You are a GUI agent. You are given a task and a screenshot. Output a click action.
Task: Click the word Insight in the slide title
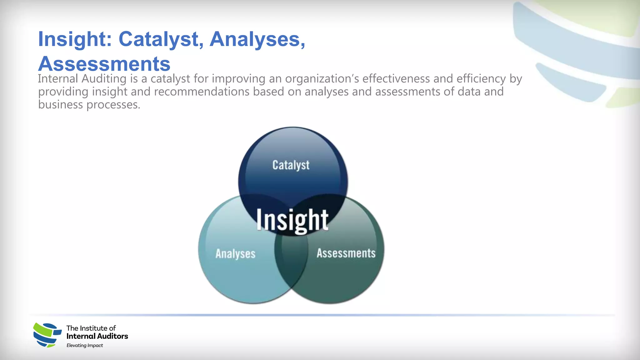pyautogui.click(x=75, y=39)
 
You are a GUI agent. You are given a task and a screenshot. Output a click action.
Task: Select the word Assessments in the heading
pyautogui.click(x=104, y=64)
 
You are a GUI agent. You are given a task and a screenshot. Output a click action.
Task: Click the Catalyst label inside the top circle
pyautogui.click(x=291, y=165)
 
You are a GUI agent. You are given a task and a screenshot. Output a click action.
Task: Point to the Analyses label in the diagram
pyautogui.click(x=235, y=254)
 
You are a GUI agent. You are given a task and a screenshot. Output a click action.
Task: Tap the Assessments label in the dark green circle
pyautogui.click(x=346, y=253)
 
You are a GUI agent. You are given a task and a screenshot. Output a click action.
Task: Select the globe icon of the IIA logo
pyautogui.click(x=47, y=335)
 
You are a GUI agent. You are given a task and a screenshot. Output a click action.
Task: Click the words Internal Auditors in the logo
pyautogui.click(x=97, y=336)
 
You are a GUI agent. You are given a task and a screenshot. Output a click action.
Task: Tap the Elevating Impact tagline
pyautogui.click(x=85, y=345)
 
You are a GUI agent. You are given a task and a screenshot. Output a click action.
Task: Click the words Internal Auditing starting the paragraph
pyautogui.click(x=82, y=79)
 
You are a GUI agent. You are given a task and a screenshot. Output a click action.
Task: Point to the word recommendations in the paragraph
pyautogui.click(x=202, y=92)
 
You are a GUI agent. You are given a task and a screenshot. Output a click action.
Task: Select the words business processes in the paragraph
pyautogui.click(x=89, y=105)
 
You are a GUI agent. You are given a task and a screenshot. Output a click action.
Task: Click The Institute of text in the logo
pyautogui.click(x=91, y=328)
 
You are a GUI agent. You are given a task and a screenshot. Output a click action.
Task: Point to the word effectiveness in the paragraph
pyautogui.click(x=396, y=79)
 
